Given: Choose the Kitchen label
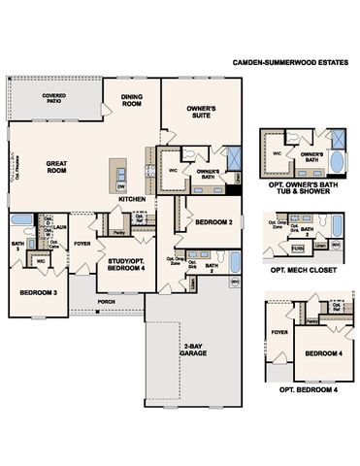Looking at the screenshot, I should pos(133,200).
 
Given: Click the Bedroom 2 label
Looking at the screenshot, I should pos(211,222).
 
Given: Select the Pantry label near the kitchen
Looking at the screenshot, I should pos(117,233).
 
